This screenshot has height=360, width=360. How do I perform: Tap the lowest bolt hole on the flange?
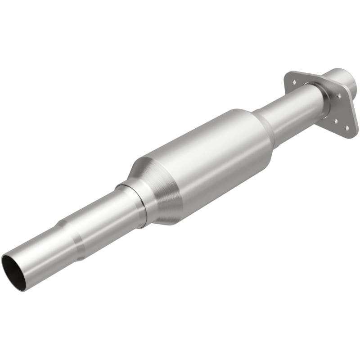pos(346,128)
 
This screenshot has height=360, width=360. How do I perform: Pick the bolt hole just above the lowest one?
pos(336,120)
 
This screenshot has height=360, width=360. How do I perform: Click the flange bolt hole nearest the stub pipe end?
pos(339,95)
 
